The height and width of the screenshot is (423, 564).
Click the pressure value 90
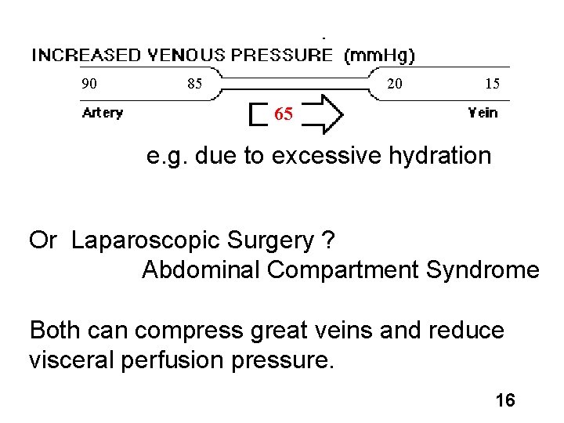[90, 83]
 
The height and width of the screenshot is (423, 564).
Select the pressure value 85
[195, 83]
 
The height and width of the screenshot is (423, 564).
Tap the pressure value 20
[396, 83]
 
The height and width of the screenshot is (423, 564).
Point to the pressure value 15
[492, 83]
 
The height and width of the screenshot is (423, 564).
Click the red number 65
[284, 115]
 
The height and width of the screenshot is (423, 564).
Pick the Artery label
[103, 113]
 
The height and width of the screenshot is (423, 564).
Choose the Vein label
[483, 113]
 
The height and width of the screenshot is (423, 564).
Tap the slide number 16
[505, 401]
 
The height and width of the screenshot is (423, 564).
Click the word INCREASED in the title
[84, 55]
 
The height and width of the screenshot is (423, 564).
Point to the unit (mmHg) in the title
[380, 55]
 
